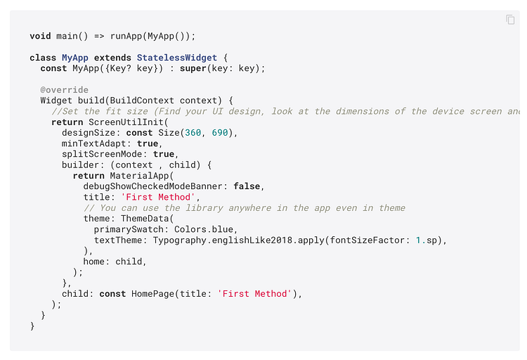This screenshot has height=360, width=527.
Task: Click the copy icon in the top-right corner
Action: click(511, 20)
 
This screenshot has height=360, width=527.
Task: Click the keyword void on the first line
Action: click(40, 36)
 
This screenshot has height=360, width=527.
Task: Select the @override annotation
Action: click(65, 90)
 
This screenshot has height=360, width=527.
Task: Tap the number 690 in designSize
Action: click(219, 133)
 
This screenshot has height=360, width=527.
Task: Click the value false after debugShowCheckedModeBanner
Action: click(247, 186)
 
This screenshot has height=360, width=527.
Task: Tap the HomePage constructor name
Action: click(155, 294)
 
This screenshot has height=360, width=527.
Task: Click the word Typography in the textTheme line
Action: click(179, 240)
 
